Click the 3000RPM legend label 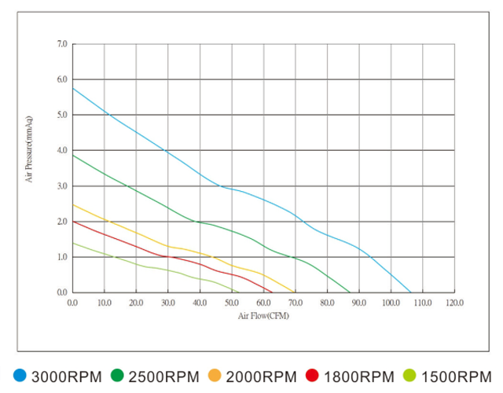pos(66,376)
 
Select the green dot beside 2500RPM pos(117,376)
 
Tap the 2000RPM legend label pos(261,376)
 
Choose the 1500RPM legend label pos(456,376)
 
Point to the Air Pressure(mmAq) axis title pos(29,149)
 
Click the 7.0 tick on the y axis pos(63,44)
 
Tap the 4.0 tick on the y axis pos(63,150)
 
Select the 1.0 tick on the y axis pos(63,257)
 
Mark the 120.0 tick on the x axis pos(454,302)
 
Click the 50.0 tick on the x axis pos(232,302)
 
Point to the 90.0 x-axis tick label pos(359,302)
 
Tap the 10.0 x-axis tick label pos(105,302)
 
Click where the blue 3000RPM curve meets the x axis pos(411,292)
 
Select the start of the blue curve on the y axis pos(73,88)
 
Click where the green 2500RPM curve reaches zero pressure pos(351,292)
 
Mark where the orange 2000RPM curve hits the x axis pos(295,292)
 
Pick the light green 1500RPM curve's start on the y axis pos(73,243)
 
